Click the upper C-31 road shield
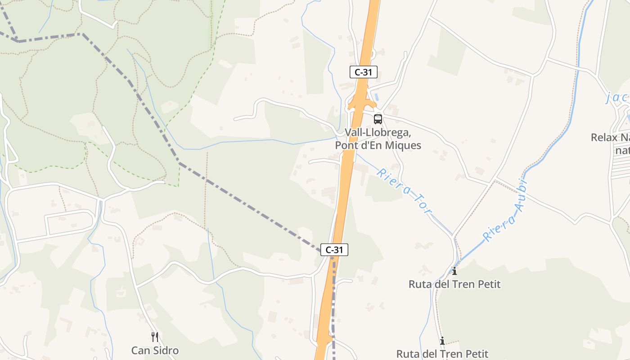click(x=363, y=72)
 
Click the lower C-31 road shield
click(x=334, y=249)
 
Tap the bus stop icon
click(x=378, y=119)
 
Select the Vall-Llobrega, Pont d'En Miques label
click(x=378, y=139)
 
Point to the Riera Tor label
click(x=404, y=191)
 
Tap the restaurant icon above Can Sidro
click(x=155, y=337)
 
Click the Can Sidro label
click(x=155, y=350)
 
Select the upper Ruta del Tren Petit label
click(x=454, y=284)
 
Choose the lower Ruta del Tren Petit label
click(x=442, y=354)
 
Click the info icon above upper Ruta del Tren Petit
click(x=454, y=271)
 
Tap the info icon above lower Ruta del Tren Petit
click(x=442, y=341)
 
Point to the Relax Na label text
click(x=610, y=137)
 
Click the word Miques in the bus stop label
click(x=404, y=145)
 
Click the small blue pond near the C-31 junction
click(x=377, y=97)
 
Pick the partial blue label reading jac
click(x=617, y=97)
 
